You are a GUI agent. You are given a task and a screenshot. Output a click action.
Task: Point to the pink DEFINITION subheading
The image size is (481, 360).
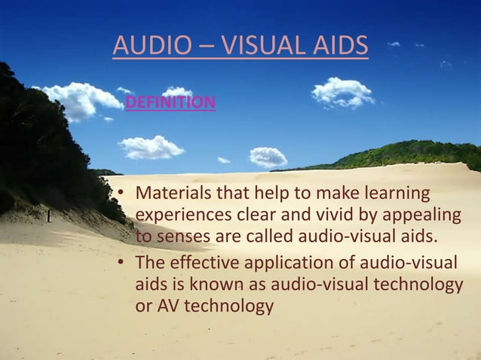tap(170, 102)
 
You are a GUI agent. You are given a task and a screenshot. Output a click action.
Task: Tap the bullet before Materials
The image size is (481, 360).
tap(119, 194)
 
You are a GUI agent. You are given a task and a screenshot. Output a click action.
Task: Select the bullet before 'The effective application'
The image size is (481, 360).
tap(119, 264)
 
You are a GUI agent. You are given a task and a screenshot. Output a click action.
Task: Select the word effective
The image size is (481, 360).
tap(204, 263)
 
